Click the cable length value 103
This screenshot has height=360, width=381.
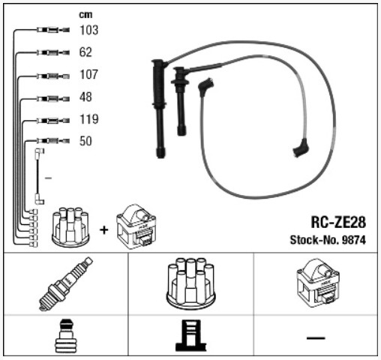pos(88,30)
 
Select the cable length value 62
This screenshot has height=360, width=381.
pos(85,52)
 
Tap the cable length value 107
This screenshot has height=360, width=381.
pos(88,74)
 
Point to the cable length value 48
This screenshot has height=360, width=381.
pos(85,97)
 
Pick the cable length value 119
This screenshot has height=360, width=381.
pos(89,119)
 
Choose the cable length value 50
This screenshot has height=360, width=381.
pos(85,141)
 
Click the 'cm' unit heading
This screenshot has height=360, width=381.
pos(85,15)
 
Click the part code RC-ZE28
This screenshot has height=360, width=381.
pos(338,222)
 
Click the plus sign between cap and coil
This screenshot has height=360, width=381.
pos(103,230)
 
